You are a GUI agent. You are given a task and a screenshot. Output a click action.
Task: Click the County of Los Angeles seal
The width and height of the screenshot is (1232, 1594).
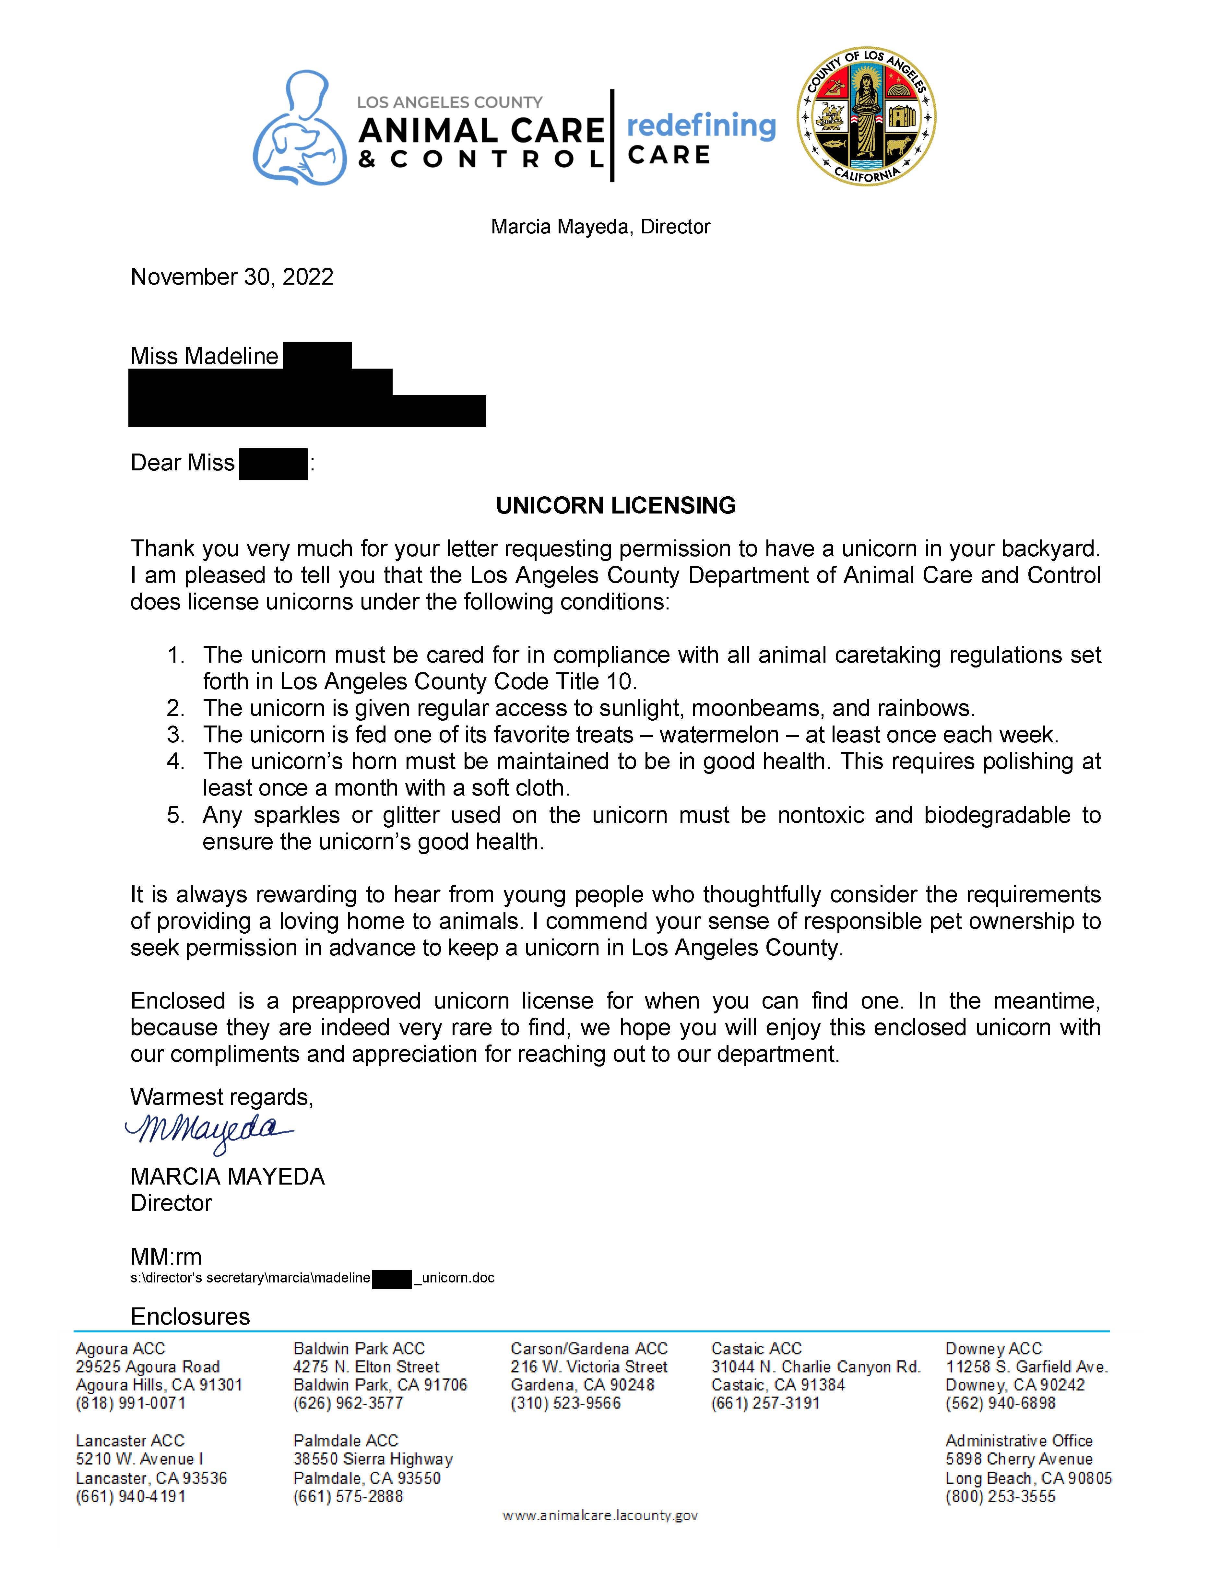(x=866, y=117)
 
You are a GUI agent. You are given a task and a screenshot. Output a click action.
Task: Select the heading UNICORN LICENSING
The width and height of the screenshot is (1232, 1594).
(x=615, y=505)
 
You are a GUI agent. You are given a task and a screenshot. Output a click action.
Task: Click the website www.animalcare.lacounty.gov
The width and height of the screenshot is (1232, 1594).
(x=600, y=1515)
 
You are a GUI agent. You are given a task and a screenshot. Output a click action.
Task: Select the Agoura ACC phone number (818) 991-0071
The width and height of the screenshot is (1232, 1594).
(x=131, y=1403)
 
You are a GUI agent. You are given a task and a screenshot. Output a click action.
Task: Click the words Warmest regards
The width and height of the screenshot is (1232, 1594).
(x=221, y=1097)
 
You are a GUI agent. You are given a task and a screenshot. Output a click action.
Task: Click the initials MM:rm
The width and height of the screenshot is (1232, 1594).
(x=166, y=1256)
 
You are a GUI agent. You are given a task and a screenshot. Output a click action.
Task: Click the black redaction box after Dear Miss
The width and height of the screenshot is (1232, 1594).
(x=273, y=464)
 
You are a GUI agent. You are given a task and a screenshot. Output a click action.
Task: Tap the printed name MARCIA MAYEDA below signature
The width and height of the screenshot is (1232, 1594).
(x=227, y=1176)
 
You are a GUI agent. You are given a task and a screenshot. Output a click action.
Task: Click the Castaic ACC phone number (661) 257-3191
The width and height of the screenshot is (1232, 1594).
(x=765, y=1403)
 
